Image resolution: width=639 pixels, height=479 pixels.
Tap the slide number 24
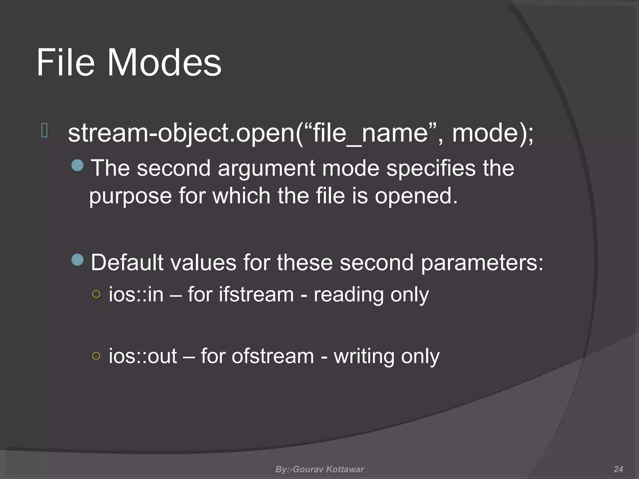coord(618,469)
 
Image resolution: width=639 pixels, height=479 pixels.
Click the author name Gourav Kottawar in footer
coord(328,469)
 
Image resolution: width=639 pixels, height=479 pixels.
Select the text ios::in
coord(136,294)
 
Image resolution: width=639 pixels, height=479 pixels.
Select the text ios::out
coord(143,356)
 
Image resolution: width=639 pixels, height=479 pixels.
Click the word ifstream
coord(256,294)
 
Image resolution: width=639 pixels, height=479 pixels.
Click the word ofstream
coord(272,356)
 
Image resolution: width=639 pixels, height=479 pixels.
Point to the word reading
coord(349,295)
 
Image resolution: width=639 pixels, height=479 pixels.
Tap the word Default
coord(127,263)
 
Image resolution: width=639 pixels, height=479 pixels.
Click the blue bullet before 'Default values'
coord(77,259)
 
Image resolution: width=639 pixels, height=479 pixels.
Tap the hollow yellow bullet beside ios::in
coord(96,294)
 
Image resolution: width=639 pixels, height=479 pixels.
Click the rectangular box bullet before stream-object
coord(44,130)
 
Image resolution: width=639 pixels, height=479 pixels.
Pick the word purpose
coord(130,196)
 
